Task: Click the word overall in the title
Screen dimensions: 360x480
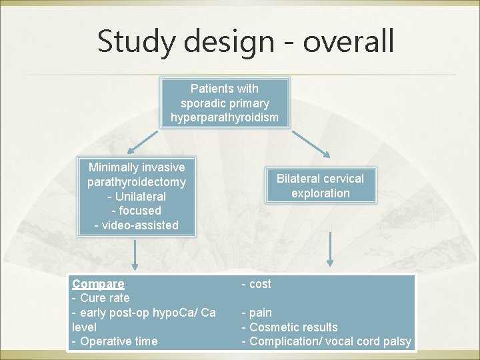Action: (349, 41)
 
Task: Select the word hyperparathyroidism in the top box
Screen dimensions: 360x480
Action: (225, 118)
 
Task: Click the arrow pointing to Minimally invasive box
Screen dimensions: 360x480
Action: (142, 141)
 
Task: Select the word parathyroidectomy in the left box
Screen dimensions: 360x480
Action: (137, 181)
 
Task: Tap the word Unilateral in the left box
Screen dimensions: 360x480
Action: (140, 196)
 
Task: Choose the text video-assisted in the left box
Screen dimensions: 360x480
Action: (140, 225)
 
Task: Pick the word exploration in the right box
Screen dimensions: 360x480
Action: (321, 193)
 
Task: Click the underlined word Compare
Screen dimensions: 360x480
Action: (98, 284)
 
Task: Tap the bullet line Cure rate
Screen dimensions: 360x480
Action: (105, 298)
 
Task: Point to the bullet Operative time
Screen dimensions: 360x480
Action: (118, 341)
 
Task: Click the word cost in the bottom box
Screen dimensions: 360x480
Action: (260, 284)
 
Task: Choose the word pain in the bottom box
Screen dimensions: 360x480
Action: (260, 313)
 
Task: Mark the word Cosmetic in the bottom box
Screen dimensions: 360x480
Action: (275, 327)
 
